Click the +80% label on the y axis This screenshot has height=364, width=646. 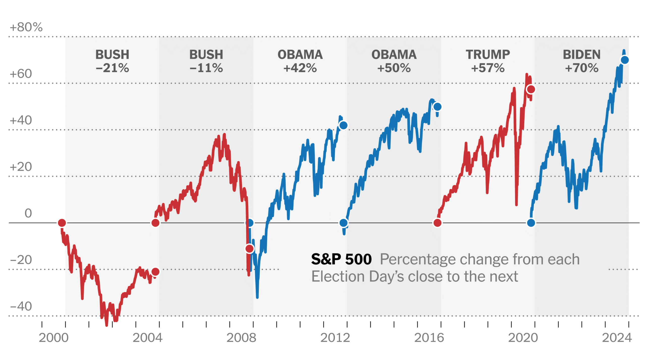pos(26,27)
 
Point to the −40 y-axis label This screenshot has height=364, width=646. pos(21,306)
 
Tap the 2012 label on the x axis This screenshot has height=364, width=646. pos(335,338)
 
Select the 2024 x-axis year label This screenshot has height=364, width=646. pos(617,338)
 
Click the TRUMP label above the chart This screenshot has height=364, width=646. pos(488,55)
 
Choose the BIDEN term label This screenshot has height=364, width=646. pos(582,55)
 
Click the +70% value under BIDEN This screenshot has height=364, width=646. pos(582,68)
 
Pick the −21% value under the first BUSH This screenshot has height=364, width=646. pos(112,68)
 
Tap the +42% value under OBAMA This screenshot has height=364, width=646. pos(300,68)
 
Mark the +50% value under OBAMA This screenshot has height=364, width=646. pos(394,68)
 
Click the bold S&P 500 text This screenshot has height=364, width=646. pos(341,259)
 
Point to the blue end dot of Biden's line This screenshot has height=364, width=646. pos(625,60)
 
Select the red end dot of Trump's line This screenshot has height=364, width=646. pos(531,89)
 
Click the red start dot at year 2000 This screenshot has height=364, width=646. pos(62,223)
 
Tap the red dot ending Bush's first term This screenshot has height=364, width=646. pos(155,272)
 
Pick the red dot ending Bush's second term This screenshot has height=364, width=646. pos(250,249)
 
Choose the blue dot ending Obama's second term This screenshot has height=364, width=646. pos(437,107)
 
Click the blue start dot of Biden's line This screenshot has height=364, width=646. pos(531,223)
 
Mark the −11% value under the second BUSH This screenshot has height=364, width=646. pos(206,68)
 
